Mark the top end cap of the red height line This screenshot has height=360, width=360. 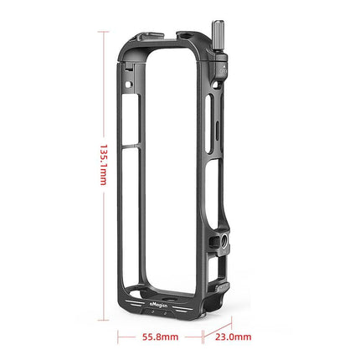(x=104, y=31)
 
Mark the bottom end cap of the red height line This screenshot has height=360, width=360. (x=104, y=319)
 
